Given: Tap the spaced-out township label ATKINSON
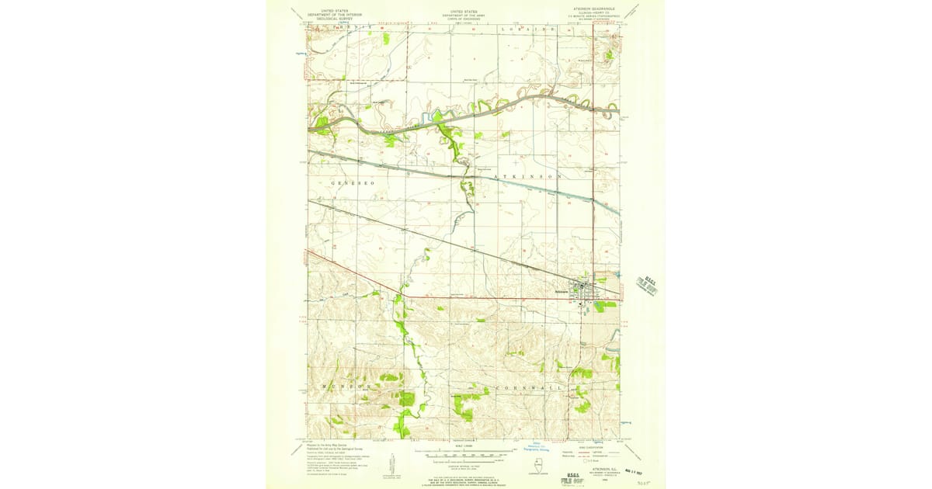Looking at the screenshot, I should coord(528,177).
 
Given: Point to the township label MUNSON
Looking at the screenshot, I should coord(341,385).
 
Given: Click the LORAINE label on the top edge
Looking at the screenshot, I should coord(528,28).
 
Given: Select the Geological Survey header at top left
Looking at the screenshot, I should coord(334,15).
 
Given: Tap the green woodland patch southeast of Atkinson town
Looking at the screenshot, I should coord(606,305).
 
